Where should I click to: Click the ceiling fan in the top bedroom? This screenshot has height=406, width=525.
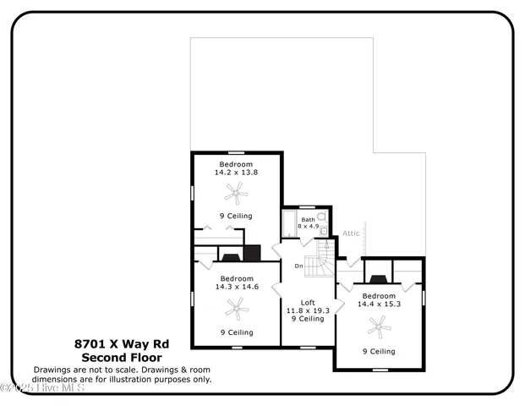tap(240, 196)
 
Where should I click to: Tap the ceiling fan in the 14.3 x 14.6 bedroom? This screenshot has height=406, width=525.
tap(238, 310)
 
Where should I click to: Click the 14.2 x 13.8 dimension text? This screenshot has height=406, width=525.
tap(236, 173)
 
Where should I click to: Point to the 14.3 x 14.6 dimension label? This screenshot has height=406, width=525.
tap(237, 287)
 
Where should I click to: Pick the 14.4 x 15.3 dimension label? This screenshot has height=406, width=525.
tap(379, 304)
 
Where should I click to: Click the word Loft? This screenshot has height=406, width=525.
tap(309, 302)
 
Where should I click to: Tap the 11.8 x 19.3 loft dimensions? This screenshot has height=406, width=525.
tap(309, 310)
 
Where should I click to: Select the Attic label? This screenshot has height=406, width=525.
tap(352, 233)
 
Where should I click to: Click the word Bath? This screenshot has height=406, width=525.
tap(309, 219)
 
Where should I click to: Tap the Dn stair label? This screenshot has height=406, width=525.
tap(298, 266)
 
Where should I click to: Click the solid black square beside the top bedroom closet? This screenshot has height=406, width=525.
tap(252, 253)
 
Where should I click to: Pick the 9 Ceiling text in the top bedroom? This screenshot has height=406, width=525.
tap(236, 216)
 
